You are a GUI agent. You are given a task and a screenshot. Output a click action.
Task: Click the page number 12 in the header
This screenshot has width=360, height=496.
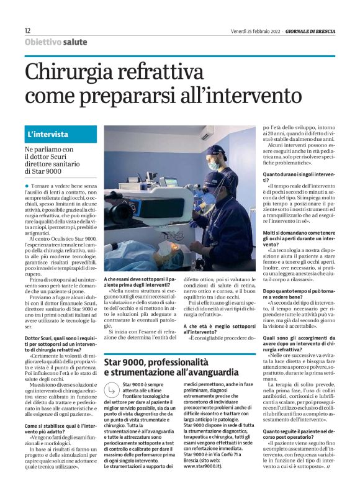pyautogui.click(x=27, y=30)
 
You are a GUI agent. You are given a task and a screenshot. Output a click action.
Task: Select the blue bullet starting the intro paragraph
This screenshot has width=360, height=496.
pyautogui.click(x=27, y=186)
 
